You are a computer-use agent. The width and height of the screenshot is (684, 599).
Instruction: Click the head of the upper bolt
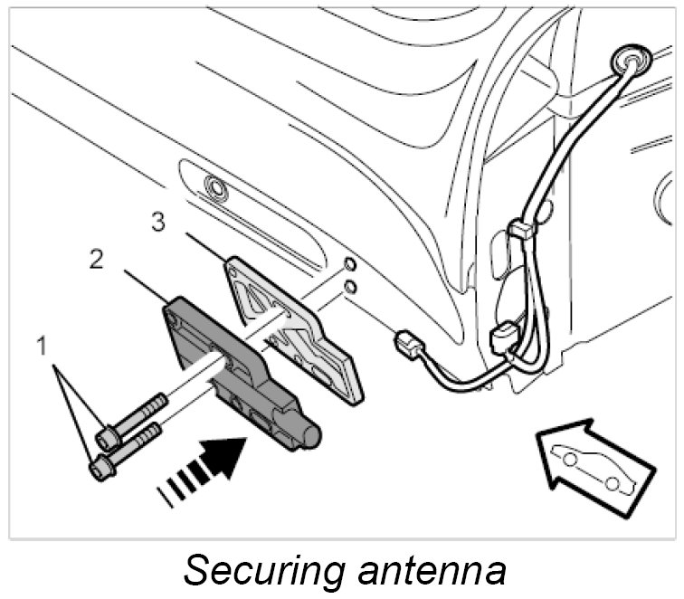[x=107, y=439]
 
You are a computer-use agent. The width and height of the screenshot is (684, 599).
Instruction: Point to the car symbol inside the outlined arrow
[x=596, y=465]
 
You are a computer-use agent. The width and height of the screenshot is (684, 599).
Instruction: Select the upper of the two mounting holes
[x=348, y=267]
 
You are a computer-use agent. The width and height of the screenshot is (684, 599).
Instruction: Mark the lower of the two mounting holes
[x=348, y=287]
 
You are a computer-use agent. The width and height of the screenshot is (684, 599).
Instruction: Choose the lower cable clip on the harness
[x=502, y=341]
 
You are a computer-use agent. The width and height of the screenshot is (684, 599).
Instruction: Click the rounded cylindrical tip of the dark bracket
[x=310, y=435]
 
